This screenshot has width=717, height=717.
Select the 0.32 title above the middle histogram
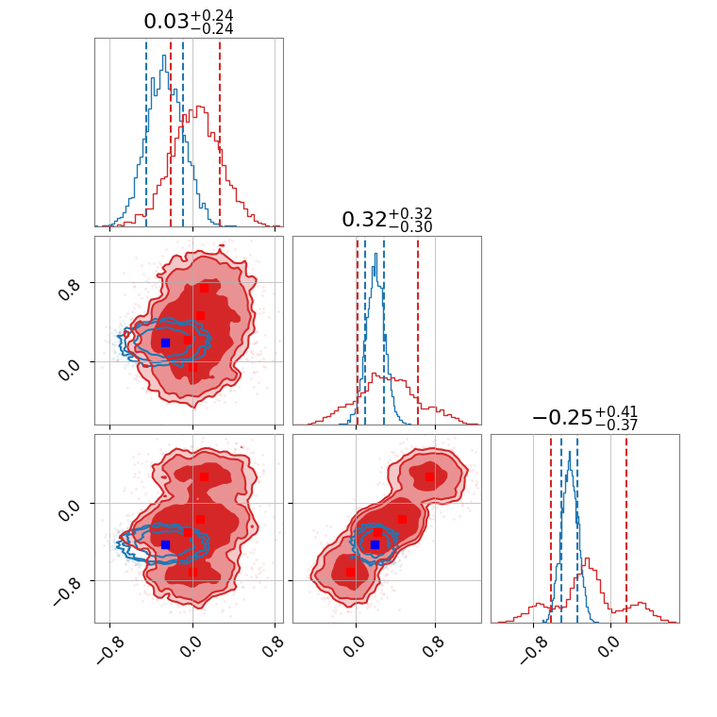click(387, 219)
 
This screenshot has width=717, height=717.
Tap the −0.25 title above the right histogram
click(584, 417)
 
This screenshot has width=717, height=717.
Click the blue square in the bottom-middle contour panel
click(375, 544)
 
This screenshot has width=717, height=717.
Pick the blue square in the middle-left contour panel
click(165, 342)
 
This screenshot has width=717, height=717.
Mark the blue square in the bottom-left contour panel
click(165, 544)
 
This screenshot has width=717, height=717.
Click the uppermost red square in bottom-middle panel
click(429, 476)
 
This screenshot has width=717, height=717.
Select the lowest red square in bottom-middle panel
click(350, 572)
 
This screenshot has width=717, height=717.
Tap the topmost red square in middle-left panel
click(204, 288)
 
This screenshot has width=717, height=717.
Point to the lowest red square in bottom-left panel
click(192, 571)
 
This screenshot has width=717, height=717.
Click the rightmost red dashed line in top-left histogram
click(220, 132)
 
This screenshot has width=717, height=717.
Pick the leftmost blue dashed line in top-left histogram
click(146, 132)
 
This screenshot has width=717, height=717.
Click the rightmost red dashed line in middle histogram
click(418, 330)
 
